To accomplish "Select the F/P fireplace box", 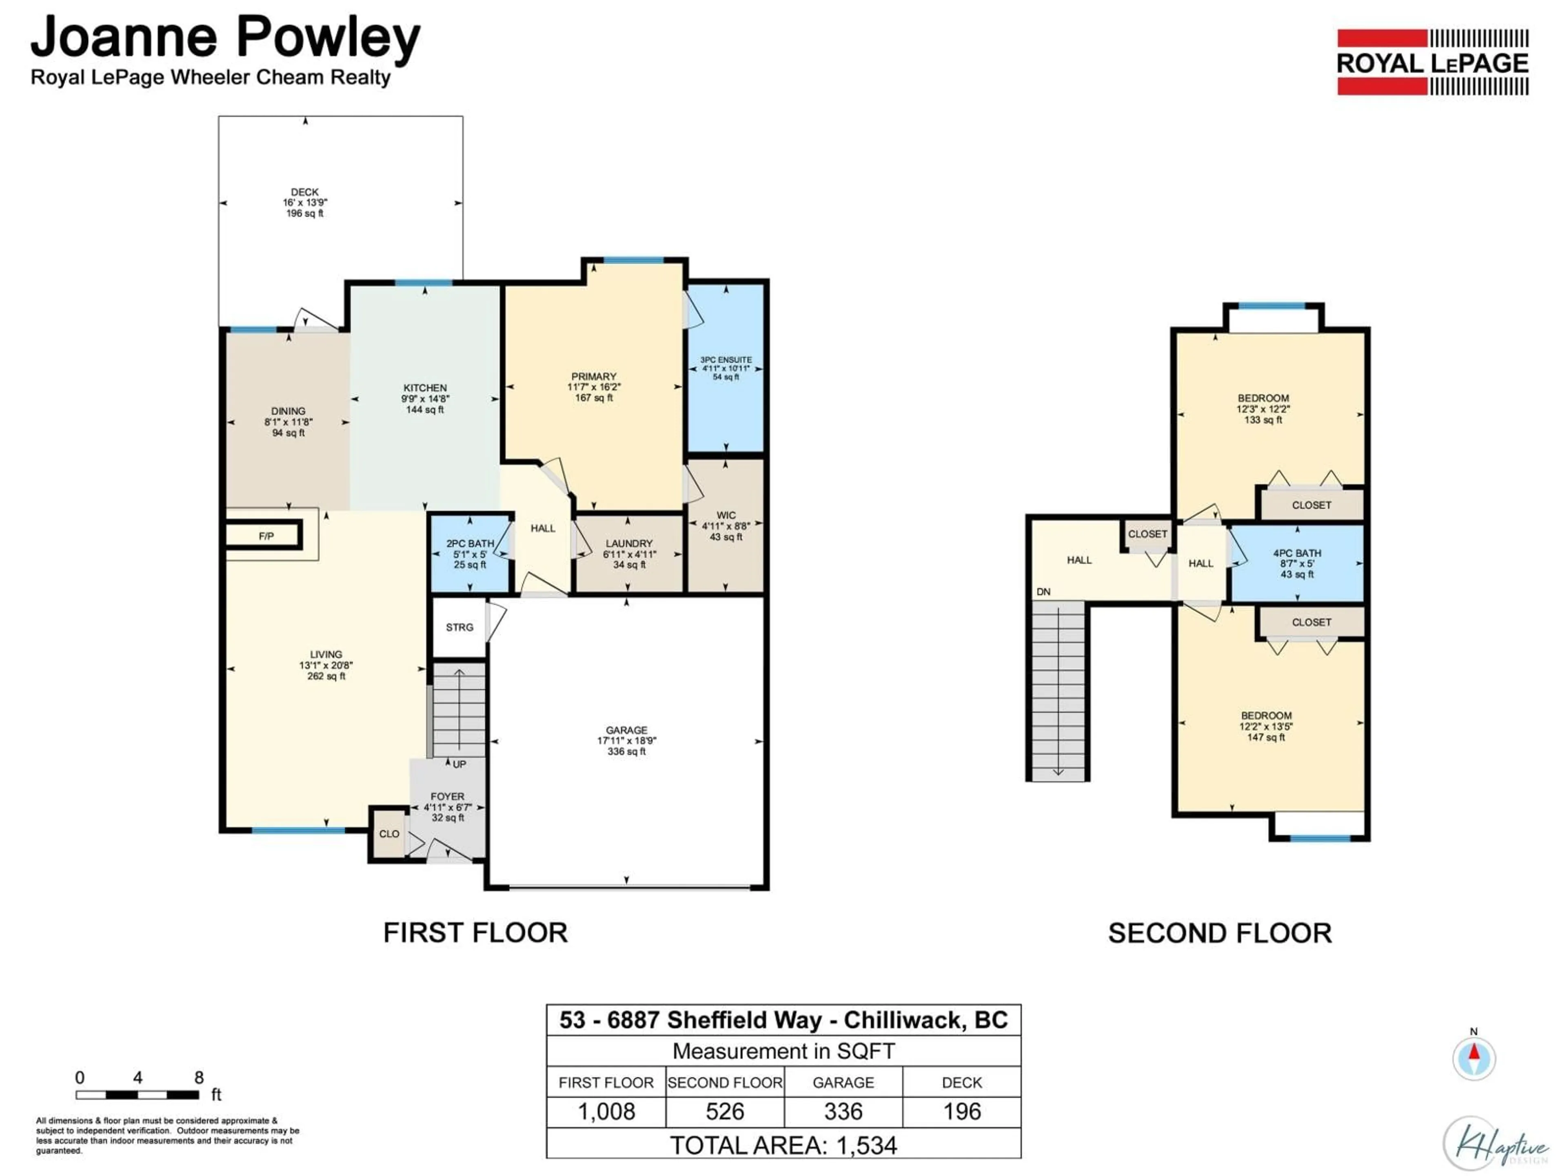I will coord(266,536).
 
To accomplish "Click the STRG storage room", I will coord(459,627).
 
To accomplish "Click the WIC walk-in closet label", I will coord(726,515).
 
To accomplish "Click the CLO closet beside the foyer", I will coord(389,834).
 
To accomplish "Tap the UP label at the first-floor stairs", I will coord(459,764).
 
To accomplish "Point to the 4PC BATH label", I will coord(1296,553).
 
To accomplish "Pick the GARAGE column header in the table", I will coord(843,1082).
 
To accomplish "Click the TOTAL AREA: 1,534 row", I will coord(783,1145).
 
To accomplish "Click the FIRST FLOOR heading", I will coord(475,933).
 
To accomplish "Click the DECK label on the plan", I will coord(304,192).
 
